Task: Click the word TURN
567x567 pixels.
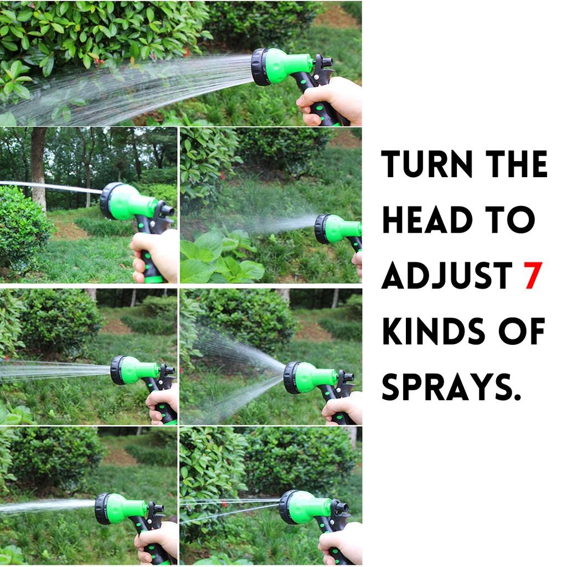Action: tap(426, 164)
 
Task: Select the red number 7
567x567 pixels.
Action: tap(533, 275)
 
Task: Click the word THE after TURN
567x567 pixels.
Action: tap(514, 164)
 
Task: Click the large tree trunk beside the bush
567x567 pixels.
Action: tap(38, 166)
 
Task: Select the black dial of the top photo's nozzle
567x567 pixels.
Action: tap(260, 66)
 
